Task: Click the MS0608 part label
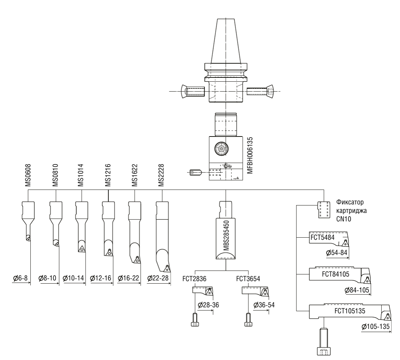click(x=28, y=175)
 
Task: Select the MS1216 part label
click(x=108, y=175)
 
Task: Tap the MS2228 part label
click(x=161, y=175)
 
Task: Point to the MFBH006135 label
click(x=250, y=155)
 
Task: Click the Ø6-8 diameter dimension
click(x=20, y=278)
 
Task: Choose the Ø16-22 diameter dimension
click(x=128, y=278)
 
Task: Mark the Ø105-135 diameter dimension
click(x=376, y=326)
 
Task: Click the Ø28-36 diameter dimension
click(x=208, y=305)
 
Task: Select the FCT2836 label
click(x=194, y=279)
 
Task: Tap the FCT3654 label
click(x=248, y=279)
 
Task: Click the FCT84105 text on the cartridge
click(x=335, y=274)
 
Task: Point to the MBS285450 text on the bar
click(x=226, y=236)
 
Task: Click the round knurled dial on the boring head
click(x=222, y=149)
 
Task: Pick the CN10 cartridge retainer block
click(x=324, y=210)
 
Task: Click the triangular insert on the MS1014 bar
click(x=81, y=248)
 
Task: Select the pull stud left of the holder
click(x=193, y=91)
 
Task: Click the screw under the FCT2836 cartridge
click(x=195, y=320)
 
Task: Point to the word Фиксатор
click(x=350, y=202)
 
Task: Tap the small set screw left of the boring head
click(x=196, y=173)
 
